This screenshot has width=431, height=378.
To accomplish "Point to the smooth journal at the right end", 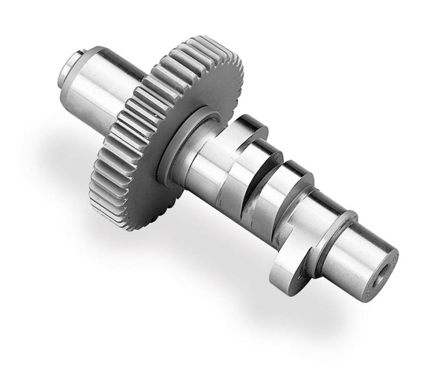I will click(356, 258).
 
